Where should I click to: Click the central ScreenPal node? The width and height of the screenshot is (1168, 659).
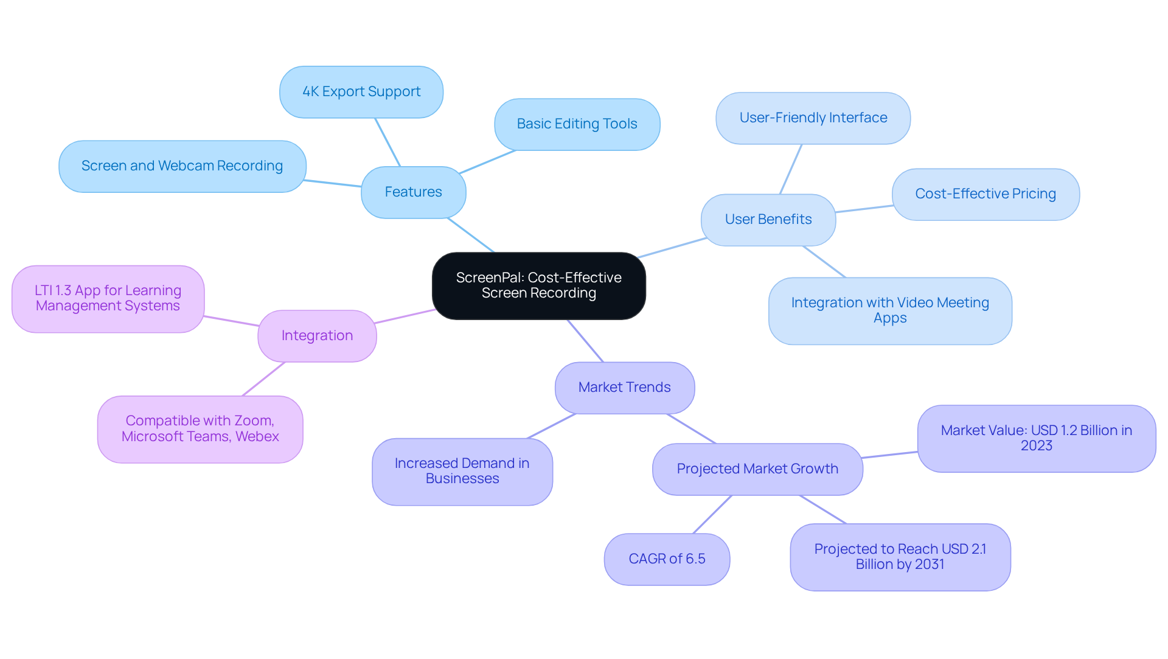538,285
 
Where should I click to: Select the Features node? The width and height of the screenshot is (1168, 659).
413,192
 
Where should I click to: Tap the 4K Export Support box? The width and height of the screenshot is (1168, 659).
361,92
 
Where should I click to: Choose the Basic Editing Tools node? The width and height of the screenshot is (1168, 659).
577,124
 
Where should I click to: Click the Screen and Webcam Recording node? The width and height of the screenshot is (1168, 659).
182,166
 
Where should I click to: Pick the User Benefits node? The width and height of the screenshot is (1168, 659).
768,220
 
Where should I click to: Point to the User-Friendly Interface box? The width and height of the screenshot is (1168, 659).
813,118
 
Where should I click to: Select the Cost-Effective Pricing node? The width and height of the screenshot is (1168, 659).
985,194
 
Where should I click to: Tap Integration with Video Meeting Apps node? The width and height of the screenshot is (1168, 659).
889,310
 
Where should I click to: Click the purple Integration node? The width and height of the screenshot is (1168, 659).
317,336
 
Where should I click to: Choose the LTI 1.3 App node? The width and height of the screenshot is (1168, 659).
108,298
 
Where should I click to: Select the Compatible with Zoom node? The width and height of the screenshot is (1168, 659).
200,429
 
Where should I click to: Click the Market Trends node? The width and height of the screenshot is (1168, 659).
624,388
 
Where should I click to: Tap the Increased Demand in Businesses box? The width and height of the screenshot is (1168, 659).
462,471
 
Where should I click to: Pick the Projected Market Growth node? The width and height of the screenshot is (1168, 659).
757,469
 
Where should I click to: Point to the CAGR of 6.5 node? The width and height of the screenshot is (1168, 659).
667,559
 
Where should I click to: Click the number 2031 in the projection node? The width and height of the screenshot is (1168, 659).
929,565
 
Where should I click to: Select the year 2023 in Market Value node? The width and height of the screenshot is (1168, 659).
1036,446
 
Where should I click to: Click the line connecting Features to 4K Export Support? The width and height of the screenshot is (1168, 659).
388,142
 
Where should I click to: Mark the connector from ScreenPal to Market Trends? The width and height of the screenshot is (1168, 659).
585,341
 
